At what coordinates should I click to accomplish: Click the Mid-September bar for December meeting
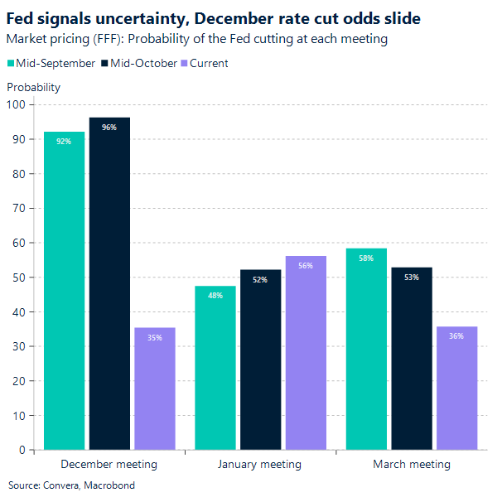[x=64, y=291]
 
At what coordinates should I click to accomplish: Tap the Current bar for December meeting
[x=155, y=389]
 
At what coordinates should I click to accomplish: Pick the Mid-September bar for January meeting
[x=215, y=368]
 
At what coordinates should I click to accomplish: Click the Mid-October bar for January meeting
[x=260, y=360]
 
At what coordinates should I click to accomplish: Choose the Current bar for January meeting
[x=306, y=353]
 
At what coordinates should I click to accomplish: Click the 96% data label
[x=109, y=128]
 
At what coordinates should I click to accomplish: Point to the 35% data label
[x=155, y=337]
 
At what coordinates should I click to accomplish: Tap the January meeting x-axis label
[x=259, y=464]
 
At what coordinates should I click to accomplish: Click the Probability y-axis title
[x=33, y=87]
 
